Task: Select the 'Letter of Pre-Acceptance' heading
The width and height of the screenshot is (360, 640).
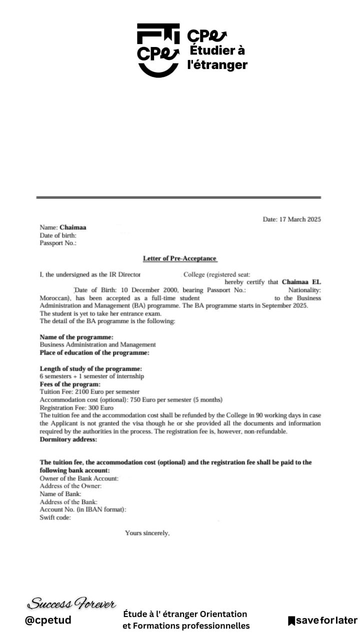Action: pos(179,258)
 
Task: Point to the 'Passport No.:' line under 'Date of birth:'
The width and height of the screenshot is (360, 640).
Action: pos(58,243)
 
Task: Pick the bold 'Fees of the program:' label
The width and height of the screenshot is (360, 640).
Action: pos(70,384)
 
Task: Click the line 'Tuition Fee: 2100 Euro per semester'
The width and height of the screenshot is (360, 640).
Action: pos(89,392)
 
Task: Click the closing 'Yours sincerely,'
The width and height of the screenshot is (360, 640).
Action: pos(147,533)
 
